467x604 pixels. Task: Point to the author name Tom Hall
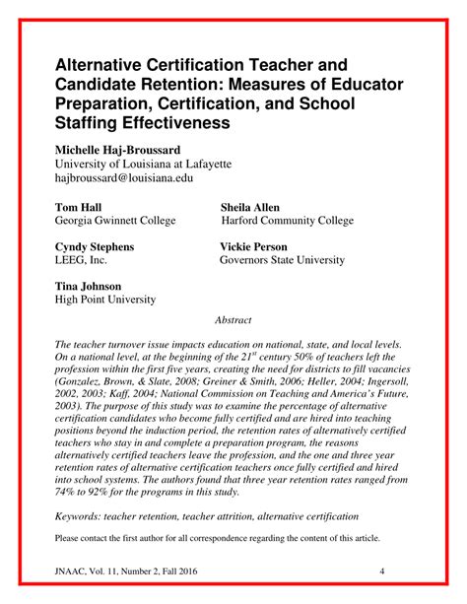click(x=78, y=208)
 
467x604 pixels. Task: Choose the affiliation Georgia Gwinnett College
click(x=115, y=223)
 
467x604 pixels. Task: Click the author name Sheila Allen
click(x=250, y=208)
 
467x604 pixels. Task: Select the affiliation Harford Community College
click(x=300, y=223)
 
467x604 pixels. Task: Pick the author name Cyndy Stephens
click(x=94, y=246)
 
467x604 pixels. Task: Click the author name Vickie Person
click(x=255, y=246)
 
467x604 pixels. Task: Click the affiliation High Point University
click(x=104, y=300)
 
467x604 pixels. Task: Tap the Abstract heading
click(x=233, y=320)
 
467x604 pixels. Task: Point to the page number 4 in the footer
click(x=381, y=571)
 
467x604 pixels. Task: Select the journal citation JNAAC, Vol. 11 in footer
click(x=88, y=571)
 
